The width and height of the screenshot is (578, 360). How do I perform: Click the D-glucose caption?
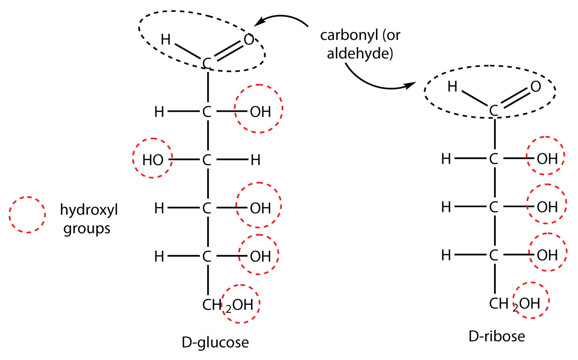coord(215,343)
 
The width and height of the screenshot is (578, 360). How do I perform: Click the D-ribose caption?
coord(497,336)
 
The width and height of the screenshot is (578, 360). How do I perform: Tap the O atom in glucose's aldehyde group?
coord(249,40)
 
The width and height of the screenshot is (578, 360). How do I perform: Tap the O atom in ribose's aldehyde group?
coord(536,87)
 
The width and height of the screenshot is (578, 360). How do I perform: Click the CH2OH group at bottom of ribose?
coord(514,304)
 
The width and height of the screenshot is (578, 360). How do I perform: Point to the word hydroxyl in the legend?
coord(89,210)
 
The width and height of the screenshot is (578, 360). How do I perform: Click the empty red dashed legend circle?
coord(27,215)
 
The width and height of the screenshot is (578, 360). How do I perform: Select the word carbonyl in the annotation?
coord(349,35)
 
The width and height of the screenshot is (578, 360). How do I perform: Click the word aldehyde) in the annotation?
coord(360,53)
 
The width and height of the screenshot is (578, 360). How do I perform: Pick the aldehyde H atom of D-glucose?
coord(165,39)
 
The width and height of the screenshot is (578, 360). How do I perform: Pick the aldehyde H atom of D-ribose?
coord(452,87)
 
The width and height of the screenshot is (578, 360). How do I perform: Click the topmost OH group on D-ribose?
coord(547,159)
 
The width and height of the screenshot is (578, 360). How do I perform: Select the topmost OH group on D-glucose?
coord(260,112)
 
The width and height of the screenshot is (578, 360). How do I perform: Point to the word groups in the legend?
coord(87,229)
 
